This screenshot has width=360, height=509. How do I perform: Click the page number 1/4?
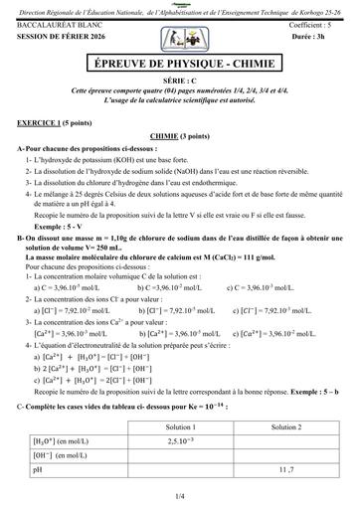(179, 494)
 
